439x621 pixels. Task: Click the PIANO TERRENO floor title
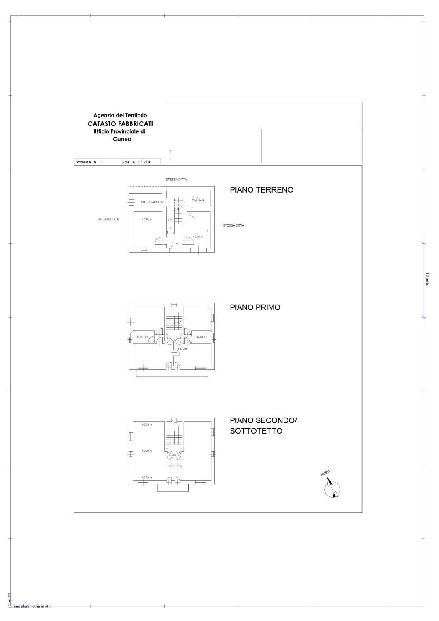point(261,190)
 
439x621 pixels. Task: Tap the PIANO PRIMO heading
point(255,307)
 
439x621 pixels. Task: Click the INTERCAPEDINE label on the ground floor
point(153,202)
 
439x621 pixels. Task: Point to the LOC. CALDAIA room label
point(198,199)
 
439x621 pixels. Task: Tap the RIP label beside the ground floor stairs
point(170,220)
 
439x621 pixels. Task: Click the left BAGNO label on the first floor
point(142,337)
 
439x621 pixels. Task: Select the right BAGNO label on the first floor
point(201,337)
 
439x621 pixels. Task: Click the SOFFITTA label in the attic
point(175,466)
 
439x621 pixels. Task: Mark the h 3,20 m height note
point(147,451)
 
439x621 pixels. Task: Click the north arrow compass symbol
point(332,488)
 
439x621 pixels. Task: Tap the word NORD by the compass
point(325,473)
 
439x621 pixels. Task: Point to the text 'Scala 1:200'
point(137,162)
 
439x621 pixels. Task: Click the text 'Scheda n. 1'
point(89,162)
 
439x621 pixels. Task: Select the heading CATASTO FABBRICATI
point(120,124)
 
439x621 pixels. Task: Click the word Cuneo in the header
point(122,139)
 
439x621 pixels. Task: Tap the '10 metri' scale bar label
point(428,280)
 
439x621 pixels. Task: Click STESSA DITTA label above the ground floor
point(176,180)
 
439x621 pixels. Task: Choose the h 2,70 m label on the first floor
point(181,348)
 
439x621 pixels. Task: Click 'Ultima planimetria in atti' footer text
point(29,606)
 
